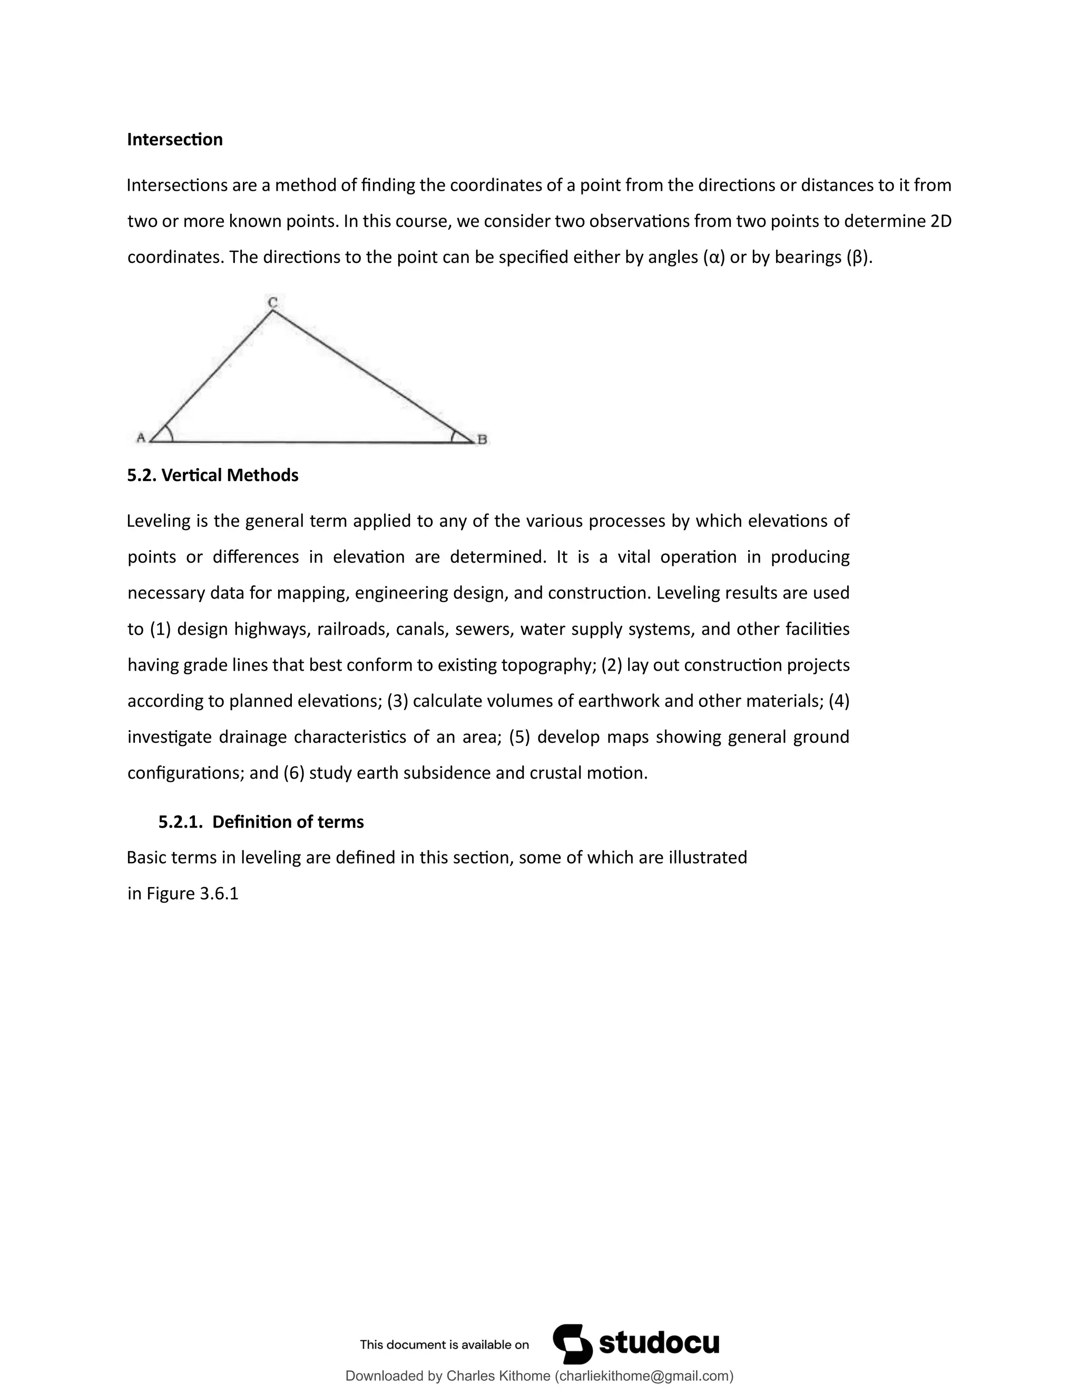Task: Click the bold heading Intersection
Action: pyautogui.click(x=174, y=140)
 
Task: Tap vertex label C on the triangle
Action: pyautogui.click(x=272, y=302)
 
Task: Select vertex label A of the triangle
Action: pyautogui.click(x=141, y=438)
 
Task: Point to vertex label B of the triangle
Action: pyautogui.click(x=482, y=439)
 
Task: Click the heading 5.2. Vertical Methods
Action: pyautogui.click(x=212, y=475)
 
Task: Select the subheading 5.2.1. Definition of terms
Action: pyautogui.click(x=261, y=821)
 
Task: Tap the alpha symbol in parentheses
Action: pyautogui.click(x=714, y=257)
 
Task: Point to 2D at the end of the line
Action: pyautogui.click(x=941, y=221)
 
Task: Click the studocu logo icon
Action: pyautogui.click(x=572, y=1344)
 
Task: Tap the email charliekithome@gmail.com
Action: pyautogui.click(x=644, y=1375)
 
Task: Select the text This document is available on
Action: pyautogui.click(x=444, y=1344)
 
